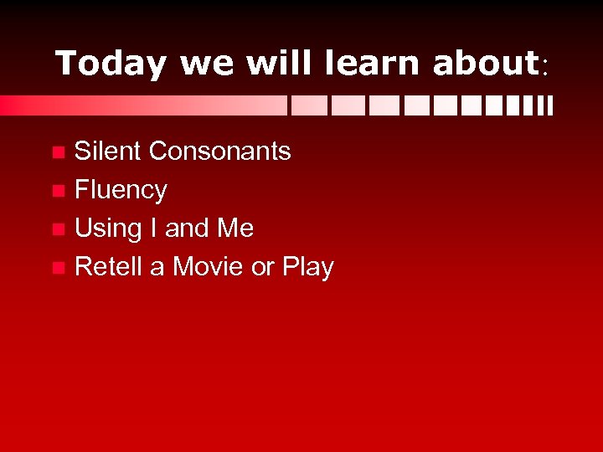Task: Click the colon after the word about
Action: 545,67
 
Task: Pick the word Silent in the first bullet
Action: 108,152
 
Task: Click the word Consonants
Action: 219,152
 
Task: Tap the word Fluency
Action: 121,191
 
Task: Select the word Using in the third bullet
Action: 107,229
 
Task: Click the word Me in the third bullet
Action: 234,229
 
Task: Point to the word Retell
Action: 109,267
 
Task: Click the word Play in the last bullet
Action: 308,268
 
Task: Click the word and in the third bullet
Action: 186,229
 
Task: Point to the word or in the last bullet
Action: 263,268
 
